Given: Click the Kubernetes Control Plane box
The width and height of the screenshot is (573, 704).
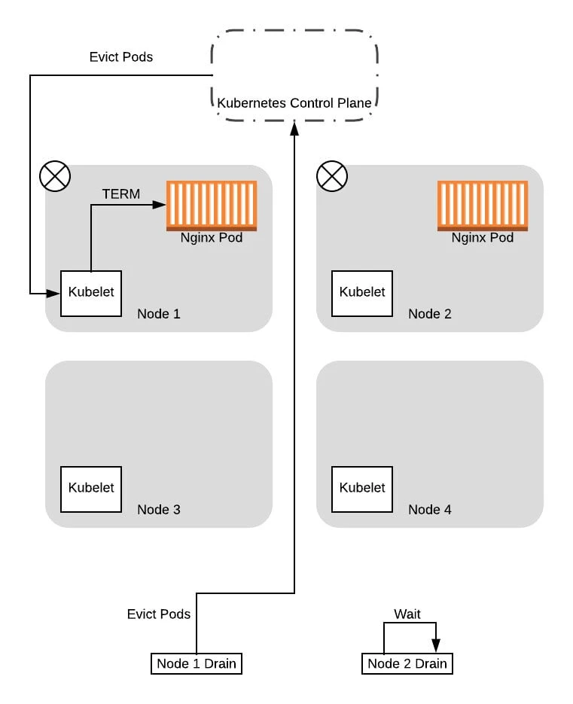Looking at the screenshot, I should coord(294,76).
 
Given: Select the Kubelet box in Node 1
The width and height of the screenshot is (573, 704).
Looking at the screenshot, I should coord(90,293).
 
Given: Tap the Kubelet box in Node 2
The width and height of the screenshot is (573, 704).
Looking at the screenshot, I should coord(362,293).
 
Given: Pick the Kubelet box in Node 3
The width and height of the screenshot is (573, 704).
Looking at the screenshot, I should coord(90,489).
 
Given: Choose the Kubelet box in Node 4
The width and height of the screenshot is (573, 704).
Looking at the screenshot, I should coord(362,489).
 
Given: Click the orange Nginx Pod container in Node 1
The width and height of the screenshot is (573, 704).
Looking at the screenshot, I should coord(212,205).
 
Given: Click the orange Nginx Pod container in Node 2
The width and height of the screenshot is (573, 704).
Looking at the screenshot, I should coord(483,205).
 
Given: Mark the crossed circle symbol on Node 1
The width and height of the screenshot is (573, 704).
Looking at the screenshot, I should coord(54,177).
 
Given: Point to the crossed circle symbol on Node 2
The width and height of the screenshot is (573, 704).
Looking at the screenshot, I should coord(332,177).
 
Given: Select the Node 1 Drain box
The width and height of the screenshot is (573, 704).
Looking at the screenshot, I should coord(197,663).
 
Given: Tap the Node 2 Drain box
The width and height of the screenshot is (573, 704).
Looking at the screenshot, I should coord(407,663).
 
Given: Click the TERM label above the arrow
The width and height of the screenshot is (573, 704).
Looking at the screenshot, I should coord(121,194).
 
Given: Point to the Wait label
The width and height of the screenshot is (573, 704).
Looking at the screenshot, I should coord(407,614).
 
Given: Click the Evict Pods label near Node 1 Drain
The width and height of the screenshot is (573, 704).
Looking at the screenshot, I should coord(159,614).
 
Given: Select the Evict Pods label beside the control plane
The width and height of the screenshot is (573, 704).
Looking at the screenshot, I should coord(121,57).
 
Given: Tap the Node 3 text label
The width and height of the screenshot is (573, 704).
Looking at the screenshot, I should coord(159,510).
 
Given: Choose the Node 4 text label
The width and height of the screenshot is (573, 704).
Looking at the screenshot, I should coord(430,510).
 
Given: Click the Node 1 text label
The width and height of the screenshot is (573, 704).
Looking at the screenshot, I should coord(159,314).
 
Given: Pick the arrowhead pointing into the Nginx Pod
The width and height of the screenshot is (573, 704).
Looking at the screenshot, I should coord(160,204).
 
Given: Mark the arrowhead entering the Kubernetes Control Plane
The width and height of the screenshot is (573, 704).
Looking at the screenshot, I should coord(294,130).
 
